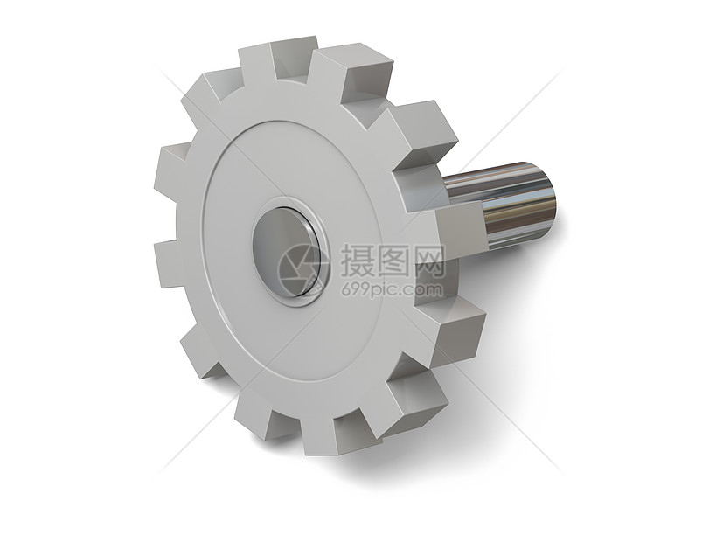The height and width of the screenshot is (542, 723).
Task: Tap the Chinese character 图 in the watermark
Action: (393, 260)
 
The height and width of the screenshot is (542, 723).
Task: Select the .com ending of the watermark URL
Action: (426, 289)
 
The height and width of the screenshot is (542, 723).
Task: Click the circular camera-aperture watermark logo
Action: (302, 268)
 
